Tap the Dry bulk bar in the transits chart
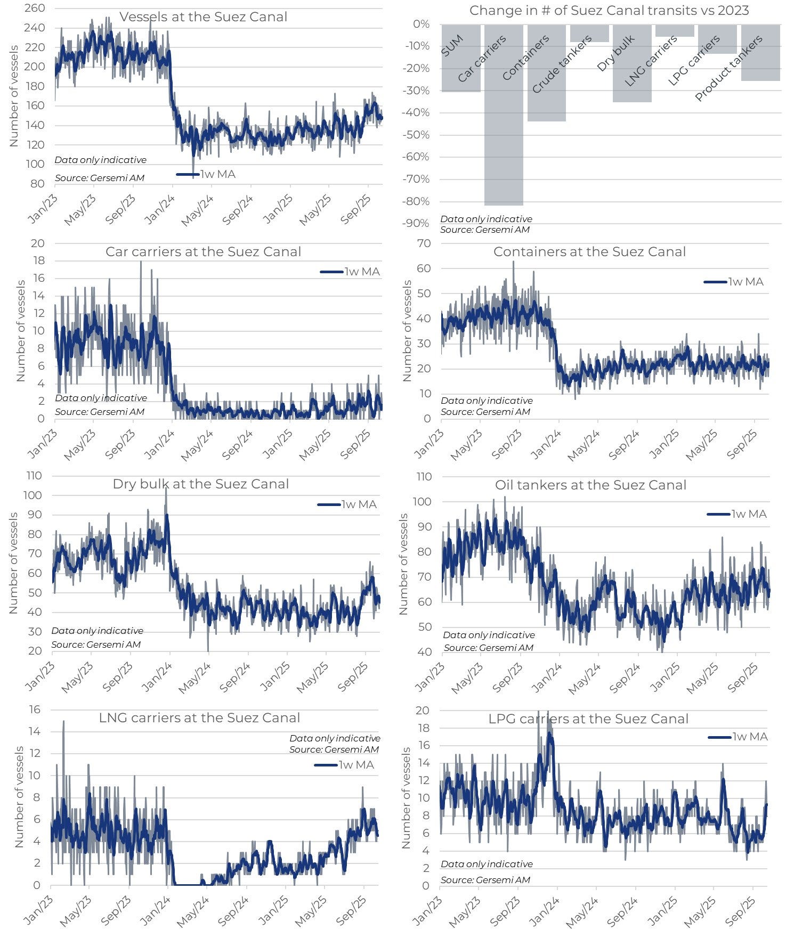[x=632, y=80]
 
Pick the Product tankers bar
[x=760, y=64]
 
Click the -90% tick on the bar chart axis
[x=417, y=223]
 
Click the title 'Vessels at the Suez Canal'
[x=203, y=17]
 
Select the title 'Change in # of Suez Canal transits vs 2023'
[x=609, y=11]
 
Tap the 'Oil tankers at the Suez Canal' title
[x=590, y=485]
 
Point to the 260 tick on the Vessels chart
[x=35, y=9]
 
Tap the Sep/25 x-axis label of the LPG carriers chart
[x=741, y=910]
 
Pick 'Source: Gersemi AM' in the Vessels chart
[x=100, y=178]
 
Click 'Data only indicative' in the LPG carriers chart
[x=487, y=864]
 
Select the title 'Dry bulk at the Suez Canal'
[x=200, y=484]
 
